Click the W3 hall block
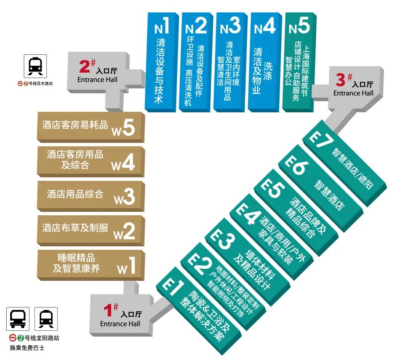pos(91,195)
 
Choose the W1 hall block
pos(91,263)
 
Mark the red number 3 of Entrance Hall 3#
pos(341,80)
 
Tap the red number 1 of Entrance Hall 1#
pos(107,310)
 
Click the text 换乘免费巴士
pos(27,348)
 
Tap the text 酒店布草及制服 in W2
pos(75,228)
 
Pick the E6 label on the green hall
pos(294,166)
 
